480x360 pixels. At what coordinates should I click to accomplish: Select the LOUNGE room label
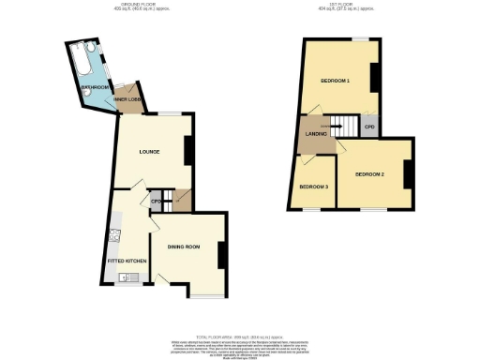coord(149,151)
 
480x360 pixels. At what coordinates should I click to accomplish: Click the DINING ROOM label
coord(184,247)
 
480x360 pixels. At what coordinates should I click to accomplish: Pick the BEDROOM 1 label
coord(335,82)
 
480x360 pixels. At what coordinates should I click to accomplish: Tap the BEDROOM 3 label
coord(313,187)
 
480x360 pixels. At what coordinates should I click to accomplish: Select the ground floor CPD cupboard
coord(156,201)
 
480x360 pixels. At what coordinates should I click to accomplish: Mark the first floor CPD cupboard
coord(369,127)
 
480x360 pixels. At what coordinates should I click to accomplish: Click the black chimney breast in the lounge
coord(188,150)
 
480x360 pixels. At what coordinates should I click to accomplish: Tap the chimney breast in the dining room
coord(221,255)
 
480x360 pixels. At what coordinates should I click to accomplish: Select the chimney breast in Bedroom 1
coord(374,76)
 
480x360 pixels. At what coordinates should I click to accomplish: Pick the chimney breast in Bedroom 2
coord(408,173)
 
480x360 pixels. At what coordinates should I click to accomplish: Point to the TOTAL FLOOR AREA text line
coord(241,336)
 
